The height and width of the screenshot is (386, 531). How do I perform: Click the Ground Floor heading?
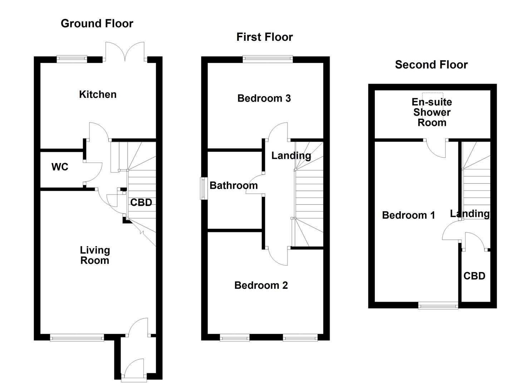97,24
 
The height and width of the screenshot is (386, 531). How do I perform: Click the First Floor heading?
265,37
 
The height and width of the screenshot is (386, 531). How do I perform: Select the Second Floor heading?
431,65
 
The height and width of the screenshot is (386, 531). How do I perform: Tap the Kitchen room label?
98,94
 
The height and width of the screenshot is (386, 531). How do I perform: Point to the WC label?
60,167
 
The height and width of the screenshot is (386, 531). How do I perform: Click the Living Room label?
94,255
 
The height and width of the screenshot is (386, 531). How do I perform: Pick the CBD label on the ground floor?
141,203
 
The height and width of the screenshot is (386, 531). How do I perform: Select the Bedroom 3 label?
264,98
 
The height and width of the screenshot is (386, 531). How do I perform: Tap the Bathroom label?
233,185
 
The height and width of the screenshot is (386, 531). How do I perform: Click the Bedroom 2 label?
261,285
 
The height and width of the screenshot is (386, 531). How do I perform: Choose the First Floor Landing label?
291,155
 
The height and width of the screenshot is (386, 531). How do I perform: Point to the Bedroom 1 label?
408,215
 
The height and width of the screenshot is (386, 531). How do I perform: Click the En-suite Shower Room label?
432,112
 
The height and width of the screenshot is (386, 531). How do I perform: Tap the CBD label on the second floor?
474,276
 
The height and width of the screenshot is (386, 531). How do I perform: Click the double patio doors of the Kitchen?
125,52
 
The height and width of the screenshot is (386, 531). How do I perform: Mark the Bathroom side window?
203,188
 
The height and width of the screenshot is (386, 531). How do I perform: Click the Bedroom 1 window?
438,305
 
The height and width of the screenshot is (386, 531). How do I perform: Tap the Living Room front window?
77,337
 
